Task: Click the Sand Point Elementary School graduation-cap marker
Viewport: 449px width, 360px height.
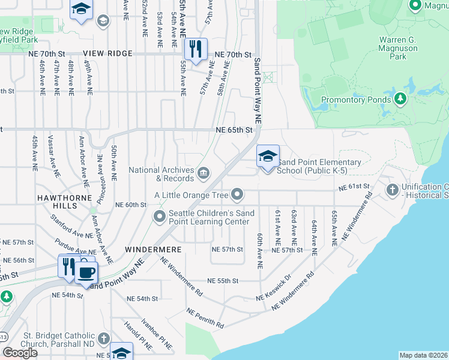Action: point(268,157)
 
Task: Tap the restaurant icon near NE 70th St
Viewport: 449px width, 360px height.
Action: point(195,49)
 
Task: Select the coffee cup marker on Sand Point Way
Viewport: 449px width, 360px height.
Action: point(86,271)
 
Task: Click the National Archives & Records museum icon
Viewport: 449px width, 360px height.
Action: point(203,174)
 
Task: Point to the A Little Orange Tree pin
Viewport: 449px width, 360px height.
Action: point(238,194)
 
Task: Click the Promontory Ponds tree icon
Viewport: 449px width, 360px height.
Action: point(400,98)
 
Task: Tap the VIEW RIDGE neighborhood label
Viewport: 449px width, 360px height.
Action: point(108,54)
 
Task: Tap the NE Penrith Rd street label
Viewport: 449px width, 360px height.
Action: point(205,319)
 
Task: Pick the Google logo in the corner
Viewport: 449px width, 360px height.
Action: point(20,353)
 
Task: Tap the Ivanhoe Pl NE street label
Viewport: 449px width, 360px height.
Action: point(157,334)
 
